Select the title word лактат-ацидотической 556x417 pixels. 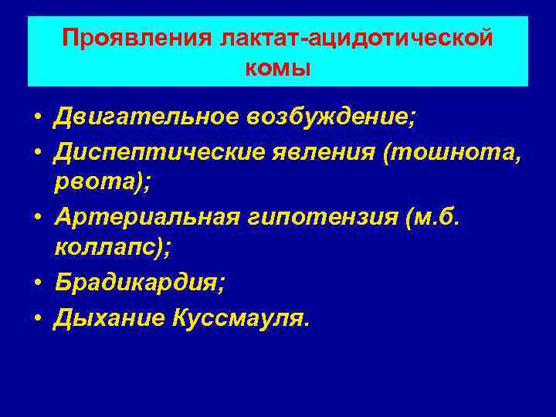(356, 38)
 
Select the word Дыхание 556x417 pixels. (104, 317)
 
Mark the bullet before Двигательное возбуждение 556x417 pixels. (37, 119)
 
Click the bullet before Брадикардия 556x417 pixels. (37, 285)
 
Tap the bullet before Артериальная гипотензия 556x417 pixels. (37, 219)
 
